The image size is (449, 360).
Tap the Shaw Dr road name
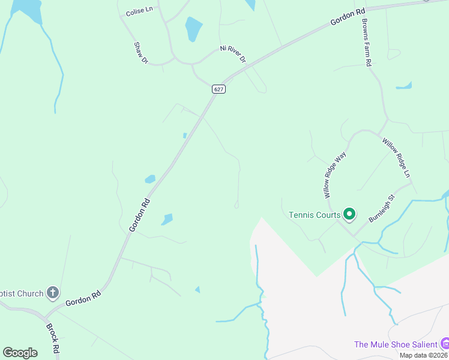pyautogui.click(x=140, y=53)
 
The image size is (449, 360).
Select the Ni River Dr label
pyautogui.click(x=234, y=53)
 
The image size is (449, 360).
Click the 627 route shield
pyautogui.click(x=218, y=89)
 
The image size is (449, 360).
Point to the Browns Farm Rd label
pyautogui.click(x=367, y=42)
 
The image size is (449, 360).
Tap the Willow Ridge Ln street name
pyautogui.click(x=396, y=157)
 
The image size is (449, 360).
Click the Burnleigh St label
pyautogui.click(x=381, y=208)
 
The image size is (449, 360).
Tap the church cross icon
pyautogui.click(x=53, y=293)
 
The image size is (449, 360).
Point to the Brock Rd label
pyautogui.click(x=53, y=338)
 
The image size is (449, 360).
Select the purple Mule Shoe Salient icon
pyautogui.click(x=445, y=344)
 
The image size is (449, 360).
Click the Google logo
pyautogui.click(x=20, y=353)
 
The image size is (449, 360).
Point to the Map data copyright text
pyautogui.click(x=423, y=355)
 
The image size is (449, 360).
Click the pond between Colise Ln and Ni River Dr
pyautogui.click(x=193, y=28)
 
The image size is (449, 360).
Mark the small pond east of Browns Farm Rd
pyautogui.click(x=405, y=86)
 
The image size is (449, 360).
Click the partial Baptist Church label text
pyautogui.click(x=22, y=293)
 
